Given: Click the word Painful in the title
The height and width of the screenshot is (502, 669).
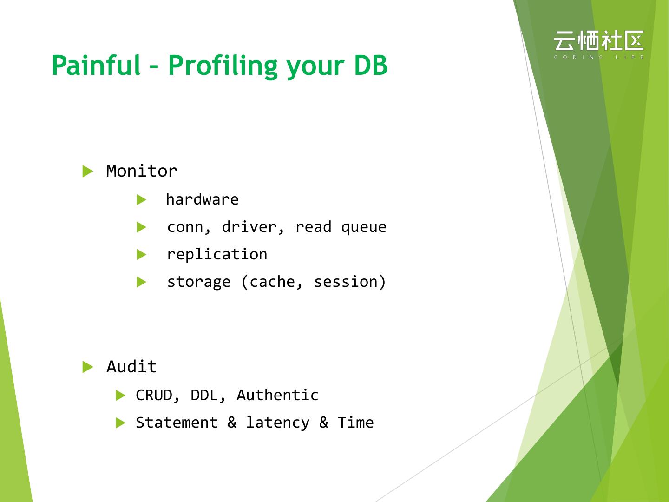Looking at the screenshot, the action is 96,65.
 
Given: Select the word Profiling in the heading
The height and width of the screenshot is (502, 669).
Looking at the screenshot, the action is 223,66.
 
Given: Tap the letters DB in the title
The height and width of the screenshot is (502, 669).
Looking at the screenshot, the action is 371,65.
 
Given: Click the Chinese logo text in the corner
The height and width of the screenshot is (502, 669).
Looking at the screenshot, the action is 599,40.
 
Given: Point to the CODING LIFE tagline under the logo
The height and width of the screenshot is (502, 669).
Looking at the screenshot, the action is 599,57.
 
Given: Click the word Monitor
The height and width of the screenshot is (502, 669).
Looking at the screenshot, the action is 142,171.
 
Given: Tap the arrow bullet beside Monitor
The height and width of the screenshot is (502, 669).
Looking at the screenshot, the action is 87,171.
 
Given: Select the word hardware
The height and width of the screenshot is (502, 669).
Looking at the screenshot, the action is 203,200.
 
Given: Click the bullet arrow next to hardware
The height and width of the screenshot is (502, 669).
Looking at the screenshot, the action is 141,200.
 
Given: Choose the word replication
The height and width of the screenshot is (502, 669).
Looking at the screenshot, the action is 217,255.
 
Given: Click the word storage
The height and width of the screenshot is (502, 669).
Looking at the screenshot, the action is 199,282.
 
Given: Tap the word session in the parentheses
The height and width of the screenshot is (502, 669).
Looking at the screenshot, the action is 346,282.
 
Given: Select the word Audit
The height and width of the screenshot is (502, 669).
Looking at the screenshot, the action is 131,366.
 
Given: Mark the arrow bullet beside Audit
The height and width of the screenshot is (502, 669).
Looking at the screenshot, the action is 87,367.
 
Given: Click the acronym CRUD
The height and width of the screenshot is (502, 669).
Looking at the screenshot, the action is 154,395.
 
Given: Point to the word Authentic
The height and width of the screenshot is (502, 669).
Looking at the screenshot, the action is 277,395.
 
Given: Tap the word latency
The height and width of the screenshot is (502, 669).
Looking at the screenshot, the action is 278,423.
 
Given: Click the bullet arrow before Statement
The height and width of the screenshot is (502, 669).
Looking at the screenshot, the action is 121,423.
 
